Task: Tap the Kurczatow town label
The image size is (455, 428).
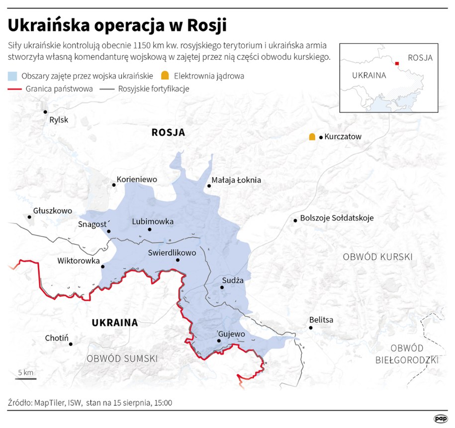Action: (343, 136)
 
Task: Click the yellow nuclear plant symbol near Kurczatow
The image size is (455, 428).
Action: (312, 136)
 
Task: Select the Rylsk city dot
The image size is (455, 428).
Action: (45, 112)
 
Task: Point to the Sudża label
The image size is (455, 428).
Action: (233, 280)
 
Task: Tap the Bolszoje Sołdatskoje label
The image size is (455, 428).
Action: (337, 218)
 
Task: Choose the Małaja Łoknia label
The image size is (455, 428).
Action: (236, 180)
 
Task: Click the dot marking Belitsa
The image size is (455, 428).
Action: (311, 327)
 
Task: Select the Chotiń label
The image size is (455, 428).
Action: (56, 338)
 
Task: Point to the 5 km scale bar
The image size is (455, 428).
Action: (25, 379)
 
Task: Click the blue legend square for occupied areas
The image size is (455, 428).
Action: (13, 76)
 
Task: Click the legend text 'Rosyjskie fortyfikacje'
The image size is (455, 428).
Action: (154, 89)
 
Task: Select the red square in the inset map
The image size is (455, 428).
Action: (397, 63)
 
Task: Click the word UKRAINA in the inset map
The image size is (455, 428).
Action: (368, 76)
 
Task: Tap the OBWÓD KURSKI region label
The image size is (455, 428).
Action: (378, 257)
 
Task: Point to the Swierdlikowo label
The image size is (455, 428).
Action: (172, 253)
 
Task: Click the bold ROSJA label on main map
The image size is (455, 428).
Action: (168, 132)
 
